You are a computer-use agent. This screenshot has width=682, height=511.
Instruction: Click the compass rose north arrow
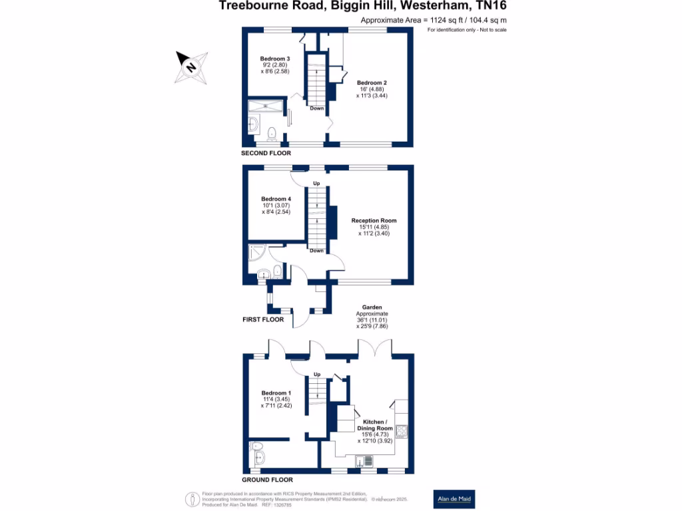(192, 67)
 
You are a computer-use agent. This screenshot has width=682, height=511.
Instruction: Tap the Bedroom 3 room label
(275, 59)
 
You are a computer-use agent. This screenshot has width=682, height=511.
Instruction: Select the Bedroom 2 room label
(372, 83)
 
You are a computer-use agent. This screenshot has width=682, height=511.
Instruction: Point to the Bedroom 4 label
(276, 199)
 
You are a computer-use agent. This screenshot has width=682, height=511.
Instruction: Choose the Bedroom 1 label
(275, 393)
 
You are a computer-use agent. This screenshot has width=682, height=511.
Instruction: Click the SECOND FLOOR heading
(266, 153)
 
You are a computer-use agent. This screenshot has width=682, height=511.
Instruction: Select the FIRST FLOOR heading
(264, 319)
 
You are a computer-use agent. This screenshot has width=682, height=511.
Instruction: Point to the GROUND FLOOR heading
(268, 480)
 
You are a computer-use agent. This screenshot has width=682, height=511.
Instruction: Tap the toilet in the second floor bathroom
(271, 135)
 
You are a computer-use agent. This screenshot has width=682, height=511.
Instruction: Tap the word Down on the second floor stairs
(316, 108)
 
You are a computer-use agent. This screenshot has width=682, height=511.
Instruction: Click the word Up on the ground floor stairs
(316, 374)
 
